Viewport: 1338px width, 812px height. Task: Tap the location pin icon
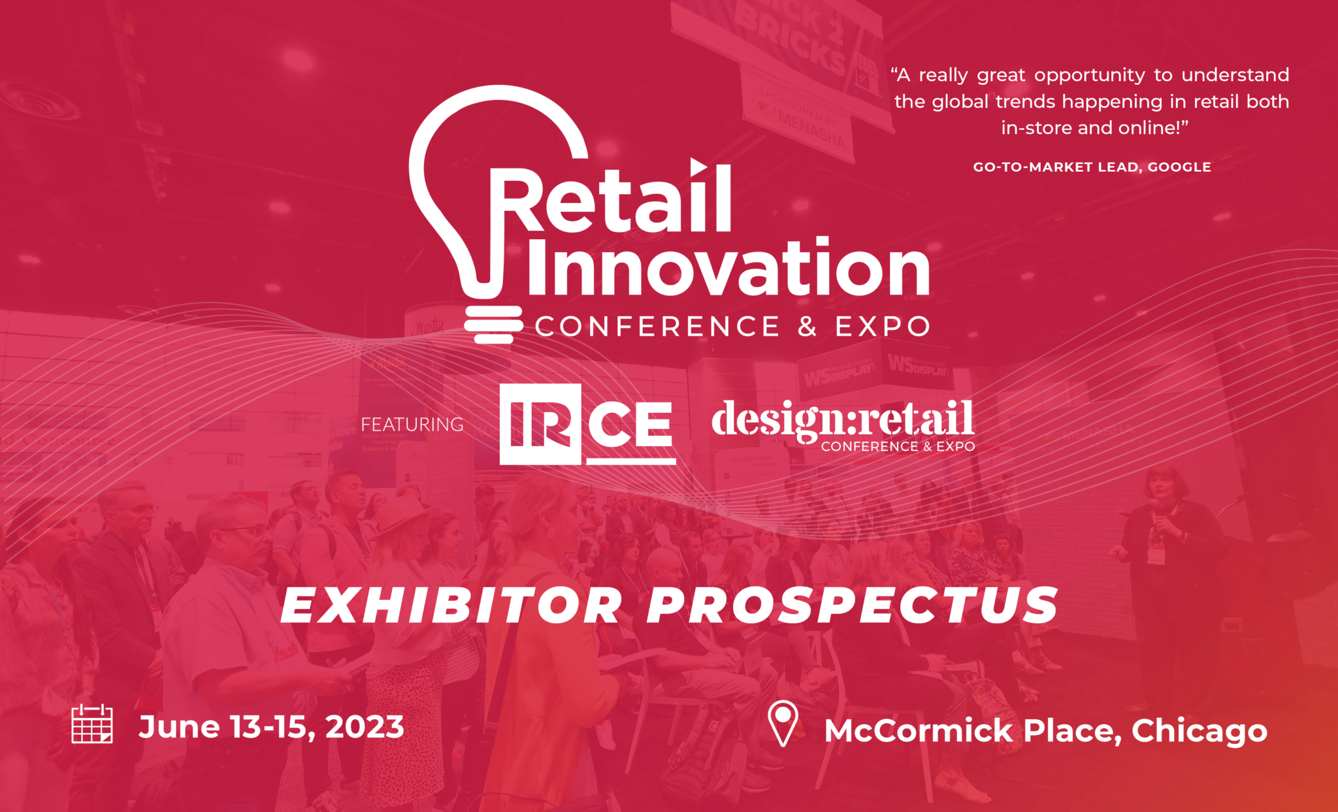click(783, 723)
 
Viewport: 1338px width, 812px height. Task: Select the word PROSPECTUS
click(852, 606)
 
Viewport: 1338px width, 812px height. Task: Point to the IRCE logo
click(587, 424)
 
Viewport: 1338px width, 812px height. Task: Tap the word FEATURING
click(412, 425)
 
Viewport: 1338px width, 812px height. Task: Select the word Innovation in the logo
click(728, 268)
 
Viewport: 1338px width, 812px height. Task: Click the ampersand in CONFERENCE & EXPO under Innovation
click(808, 326)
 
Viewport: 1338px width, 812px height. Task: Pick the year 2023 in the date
click(365, 727)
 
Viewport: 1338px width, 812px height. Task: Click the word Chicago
click(1199, 731)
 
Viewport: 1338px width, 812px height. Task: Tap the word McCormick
click(919, 731)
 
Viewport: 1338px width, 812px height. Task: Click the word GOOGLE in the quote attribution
click(1179, 167)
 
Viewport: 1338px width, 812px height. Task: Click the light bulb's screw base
click(493, 324)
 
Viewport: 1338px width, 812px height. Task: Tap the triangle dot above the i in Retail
click(698, 167)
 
